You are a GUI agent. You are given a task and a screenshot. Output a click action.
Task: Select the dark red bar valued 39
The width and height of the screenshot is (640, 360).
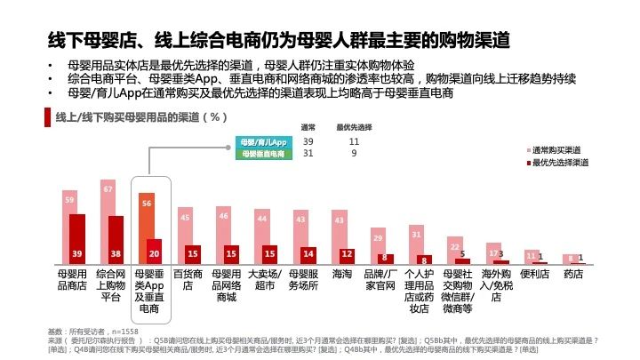[77, 238]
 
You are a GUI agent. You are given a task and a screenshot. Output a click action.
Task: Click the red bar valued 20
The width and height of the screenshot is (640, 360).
[155, 252]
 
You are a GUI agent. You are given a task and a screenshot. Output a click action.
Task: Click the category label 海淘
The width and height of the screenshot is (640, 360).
[342, 275]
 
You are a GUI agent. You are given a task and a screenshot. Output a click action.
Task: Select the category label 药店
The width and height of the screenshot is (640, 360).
[573, 275]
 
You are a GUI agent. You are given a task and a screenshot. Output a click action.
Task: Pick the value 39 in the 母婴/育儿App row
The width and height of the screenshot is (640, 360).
[308, 142]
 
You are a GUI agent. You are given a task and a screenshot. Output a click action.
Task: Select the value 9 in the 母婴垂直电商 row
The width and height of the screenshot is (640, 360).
[354, 154]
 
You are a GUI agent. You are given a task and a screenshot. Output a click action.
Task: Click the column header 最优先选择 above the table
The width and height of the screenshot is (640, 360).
[354, 127]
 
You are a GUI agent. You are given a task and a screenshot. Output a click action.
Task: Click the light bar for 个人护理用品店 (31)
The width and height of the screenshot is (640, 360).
[416, 244]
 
